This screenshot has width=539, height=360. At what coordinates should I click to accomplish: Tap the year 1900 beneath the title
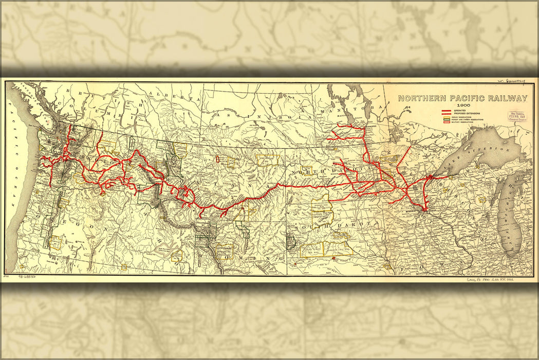coord(464,105)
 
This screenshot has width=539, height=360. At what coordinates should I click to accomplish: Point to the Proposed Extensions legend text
coord(467,114)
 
